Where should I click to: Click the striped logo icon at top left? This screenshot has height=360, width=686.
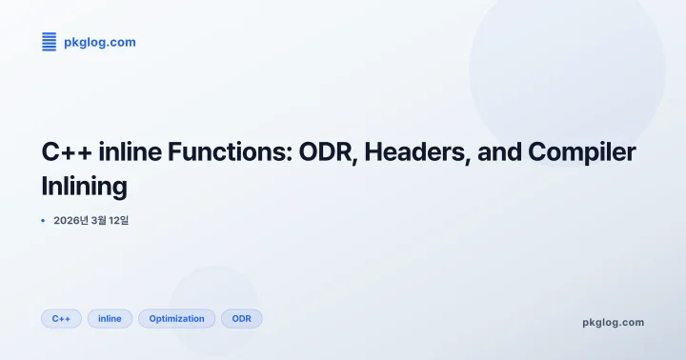point(49,42)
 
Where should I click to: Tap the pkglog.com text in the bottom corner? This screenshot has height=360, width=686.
point(613,322)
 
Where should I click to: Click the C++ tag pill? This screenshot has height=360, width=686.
point(61,318)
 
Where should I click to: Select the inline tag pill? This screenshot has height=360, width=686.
point(110,318)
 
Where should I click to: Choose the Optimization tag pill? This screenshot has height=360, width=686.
point(176,318)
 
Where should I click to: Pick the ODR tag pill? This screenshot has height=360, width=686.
point(241,318)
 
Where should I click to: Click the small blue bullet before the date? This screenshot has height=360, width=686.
point(43,220)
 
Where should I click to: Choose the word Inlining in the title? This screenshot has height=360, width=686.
point(84,186)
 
